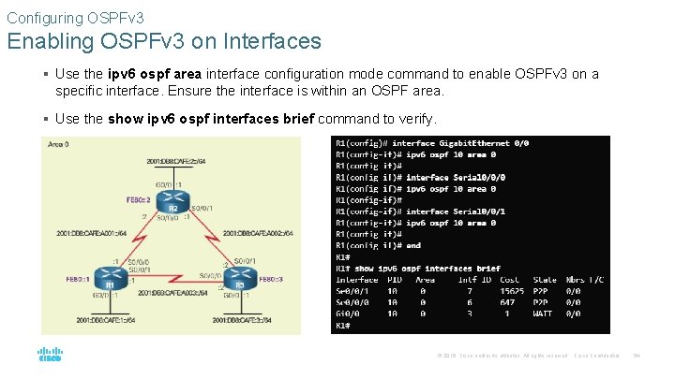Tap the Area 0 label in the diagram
click(x=58, y=145)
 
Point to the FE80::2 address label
click(x=139, y=199)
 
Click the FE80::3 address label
click(x=271, y=279)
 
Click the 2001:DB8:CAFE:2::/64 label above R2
click(x=175, y=161)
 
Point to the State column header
click(x=545, y=279)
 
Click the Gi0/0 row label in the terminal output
click(x=349, y=313)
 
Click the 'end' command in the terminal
click(x=413, y=245)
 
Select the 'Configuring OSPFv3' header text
click(x=63, y=16)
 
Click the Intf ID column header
click(x=473, y=279)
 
